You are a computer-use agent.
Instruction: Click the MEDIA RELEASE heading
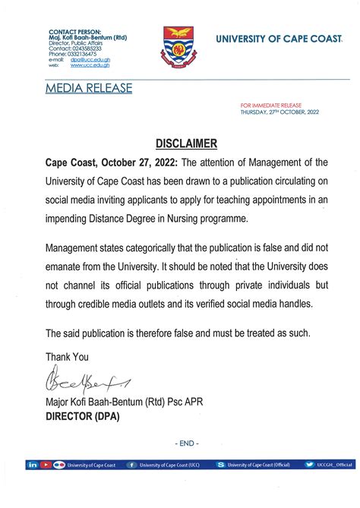pos(88,89)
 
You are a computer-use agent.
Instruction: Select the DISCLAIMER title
pos(186,144)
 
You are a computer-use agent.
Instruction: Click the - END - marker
pos(186,443)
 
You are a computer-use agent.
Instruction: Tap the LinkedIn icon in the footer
pos(33,464)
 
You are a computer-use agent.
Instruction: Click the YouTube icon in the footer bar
pos(45,464)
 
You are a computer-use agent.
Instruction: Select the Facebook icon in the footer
pos(132,464)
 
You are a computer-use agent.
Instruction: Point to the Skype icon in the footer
pos(220,464)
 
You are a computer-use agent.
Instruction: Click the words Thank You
pos(67,356)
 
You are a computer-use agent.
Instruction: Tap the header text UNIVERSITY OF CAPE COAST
pos(281,38)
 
